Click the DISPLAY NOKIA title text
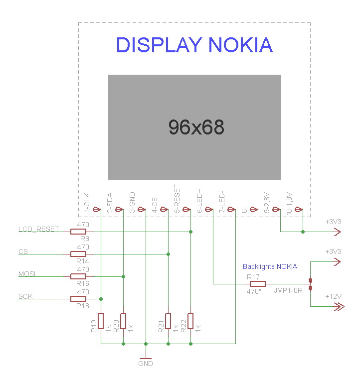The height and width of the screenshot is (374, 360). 194,45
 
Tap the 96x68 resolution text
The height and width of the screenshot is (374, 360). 196,127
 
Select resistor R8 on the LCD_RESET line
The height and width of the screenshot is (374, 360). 78,232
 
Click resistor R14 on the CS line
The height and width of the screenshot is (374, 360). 78,254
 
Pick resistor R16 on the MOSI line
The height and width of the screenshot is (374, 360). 78,276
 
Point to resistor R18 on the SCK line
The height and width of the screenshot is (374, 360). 78,299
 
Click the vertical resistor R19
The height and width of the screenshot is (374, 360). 101,321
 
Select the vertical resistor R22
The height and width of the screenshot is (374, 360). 190,321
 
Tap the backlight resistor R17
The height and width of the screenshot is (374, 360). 257,284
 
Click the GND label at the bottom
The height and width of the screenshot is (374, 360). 146,364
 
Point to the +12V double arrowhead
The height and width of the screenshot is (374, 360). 339,306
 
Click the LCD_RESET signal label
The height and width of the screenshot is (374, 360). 39,229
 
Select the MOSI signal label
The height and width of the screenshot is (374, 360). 27,274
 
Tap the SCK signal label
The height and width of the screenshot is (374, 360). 25,296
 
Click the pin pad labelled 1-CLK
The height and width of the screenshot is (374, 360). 97,210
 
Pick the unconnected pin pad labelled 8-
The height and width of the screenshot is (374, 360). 254,210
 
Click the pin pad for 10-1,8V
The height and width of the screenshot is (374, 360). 299,210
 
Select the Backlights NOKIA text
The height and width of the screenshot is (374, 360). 270,266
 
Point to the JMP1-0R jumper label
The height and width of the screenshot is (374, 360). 288,290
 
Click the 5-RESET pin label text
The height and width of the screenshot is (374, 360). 177,198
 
